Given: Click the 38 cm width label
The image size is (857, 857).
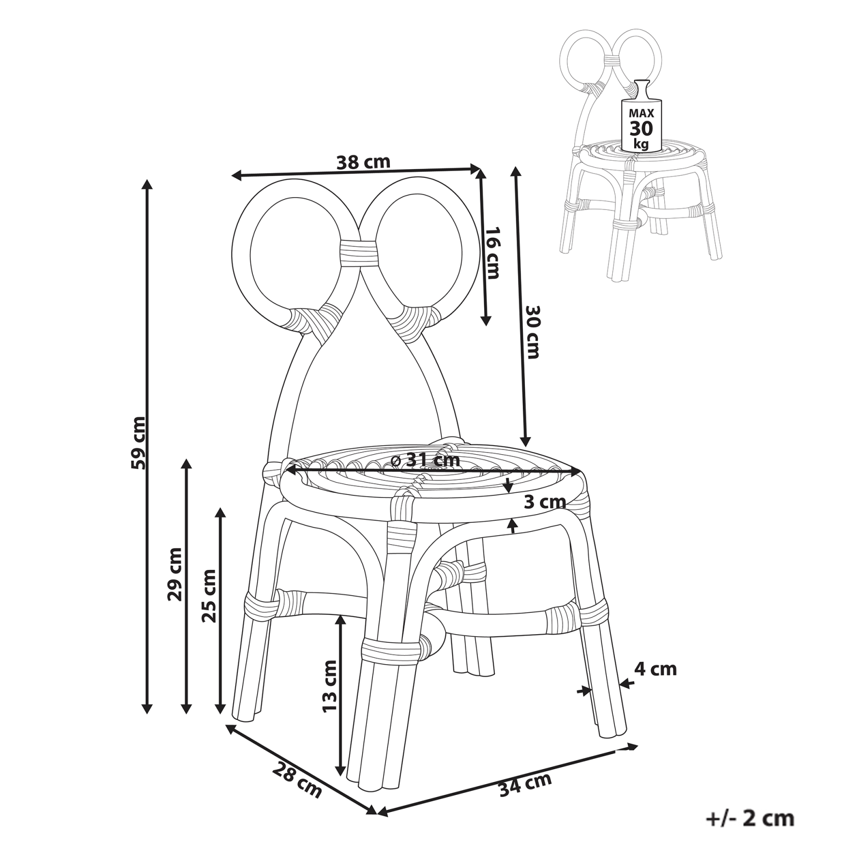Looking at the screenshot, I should point(363,161).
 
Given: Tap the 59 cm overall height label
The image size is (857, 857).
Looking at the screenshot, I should point(138,442).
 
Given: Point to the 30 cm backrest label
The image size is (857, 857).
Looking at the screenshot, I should point(533,332).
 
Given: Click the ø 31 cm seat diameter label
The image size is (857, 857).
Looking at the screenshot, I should point(426,460).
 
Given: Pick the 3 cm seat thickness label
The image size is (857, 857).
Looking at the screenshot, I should point(544,502).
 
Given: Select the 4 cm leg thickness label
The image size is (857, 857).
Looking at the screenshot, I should point(655,669).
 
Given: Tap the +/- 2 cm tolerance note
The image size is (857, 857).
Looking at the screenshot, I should point(749,818).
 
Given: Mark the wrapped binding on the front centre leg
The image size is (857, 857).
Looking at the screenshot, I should point(390,650).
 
